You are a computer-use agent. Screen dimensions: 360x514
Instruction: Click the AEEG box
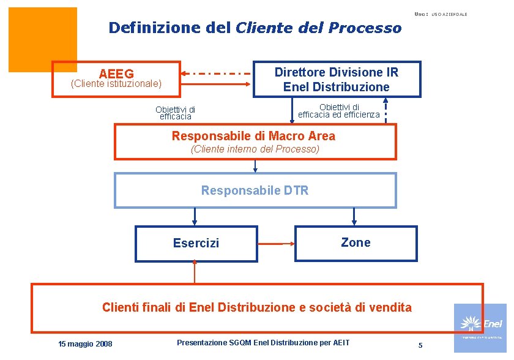click(116, 78)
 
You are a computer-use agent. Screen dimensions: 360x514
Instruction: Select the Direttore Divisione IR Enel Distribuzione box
click(337, 79)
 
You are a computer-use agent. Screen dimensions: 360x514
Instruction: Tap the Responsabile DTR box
click(255, 190)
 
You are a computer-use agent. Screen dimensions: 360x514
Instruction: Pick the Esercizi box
click(196, 243)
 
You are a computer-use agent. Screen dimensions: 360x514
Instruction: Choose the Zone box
click(356, 243)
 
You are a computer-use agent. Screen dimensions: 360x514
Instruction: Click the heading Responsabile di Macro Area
click(253, 136)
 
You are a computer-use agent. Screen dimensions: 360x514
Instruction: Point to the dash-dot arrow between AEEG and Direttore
click(217, 73)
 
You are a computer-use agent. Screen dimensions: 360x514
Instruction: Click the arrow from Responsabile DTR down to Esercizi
click(195, 216)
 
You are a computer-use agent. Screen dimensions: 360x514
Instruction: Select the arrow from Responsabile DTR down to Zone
click(354, 216)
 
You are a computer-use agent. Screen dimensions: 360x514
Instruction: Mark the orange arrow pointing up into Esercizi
click(195, 271)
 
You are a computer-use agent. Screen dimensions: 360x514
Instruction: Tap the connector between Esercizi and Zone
click(276, 243)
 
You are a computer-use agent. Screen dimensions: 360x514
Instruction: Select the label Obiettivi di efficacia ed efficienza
click(339, 111)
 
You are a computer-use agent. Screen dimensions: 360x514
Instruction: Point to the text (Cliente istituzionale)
click(116, 83)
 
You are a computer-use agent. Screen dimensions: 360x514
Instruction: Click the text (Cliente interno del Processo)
click(255, 149)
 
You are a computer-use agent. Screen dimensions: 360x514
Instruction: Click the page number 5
click(420, 345)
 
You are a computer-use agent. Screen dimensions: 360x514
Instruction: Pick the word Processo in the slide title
click(365, 28)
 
